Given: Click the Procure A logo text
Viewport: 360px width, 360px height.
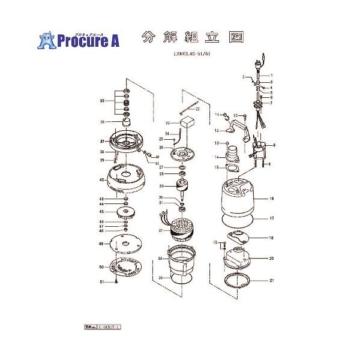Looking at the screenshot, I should click(x=88, y=41).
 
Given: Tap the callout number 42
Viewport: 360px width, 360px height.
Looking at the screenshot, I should click(x=102, y=179).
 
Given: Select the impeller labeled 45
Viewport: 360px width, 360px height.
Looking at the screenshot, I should click(x=126, y=211).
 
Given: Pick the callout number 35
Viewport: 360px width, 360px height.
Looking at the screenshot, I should click(x=102, y=101).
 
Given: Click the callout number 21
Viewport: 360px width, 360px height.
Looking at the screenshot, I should click(x=271, y=281).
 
